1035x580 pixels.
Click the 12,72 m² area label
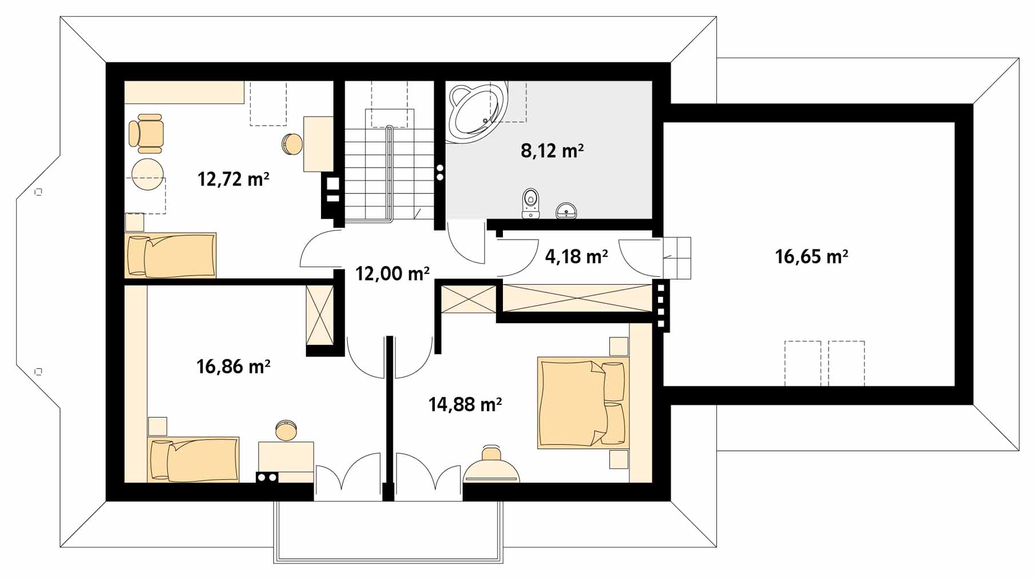233,180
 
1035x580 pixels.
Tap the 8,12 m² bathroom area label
552,151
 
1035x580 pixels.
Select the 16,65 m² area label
811,256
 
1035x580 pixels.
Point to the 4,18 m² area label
576,257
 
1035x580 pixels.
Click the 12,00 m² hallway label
392,274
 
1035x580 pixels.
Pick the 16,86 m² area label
233,366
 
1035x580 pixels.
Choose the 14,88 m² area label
465,405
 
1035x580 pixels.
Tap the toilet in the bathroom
531,203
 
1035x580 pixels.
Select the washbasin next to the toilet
566,210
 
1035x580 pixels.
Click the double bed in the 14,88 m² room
582,403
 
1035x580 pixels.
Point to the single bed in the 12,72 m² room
170,255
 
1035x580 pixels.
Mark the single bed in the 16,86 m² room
193,459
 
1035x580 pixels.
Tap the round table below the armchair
148,174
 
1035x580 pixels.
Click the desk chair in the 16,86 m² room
286,430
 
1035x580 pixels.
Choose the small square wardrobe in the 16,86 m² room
320,315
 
